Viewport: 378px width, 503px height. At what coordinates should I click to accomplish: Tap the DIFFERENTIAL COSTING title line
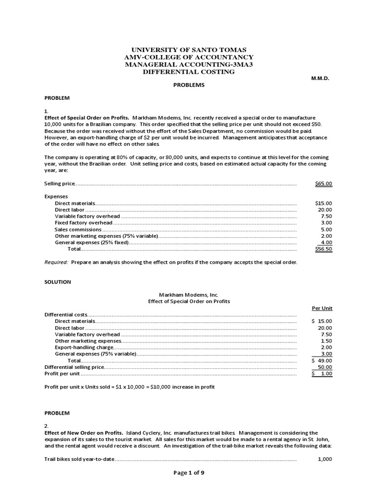(189, 72)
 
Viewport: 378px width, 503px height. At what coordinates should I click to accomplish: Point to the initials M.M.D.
(320, 79)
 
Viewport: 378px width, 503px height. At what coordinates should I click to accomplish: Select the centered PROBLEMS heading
(189, 85)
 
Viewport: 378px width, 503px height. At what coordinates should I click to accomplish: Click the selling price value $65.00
(323, 184)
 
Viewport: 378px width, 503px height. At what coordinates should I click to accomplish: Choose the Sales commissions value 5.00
(326, 229)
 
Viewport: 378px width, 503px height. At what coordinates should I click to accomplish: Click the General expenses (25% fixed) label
(92, 242)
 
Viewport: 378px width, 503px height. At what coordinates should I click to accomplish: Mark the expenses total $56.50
(323, 249)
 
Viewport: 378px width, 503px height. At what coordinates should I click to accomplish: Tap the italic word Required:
(57, 262)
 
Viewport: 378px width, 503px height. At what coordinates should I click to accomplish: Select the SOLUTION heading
(58, 282)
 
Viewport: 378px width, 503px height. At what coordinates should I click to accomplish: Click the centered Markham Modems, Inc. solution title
(189, 295)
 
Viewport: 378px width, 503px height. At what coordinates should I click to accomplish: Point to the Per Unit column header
(322, 308)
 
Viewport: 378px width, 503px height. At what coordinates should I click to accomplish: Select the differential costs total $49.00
(322, 361)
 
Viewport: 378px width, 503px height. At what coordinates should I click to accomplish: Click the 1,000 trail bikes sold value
(325, 459)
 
